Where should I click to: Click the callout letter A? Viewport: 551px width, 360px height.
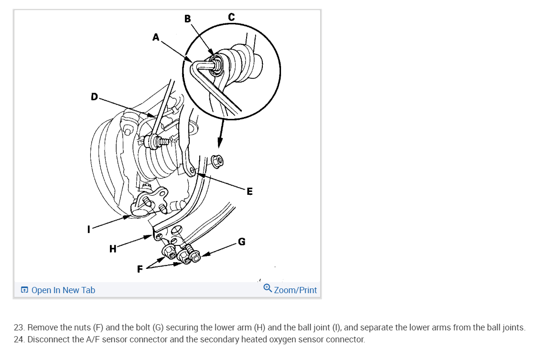155,37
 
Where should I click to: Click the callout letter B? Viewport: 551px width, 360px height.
187,19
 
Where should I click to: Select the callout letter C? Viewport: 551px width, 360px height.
231,17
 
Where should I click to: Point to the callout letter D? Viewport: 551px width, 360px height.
94,97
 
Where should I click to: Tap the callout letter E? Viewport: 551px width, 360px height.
249,192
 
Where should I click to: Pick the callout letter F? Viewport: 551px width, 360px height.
140,269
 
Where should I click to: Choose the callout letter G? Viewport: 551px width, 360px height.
242,242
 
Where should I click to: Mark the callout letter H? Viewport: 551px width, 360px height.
112,248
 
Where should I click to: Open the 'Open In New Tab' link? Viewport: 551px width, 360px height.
63,290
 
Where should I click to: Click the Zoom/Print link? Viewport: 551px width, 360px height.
295,290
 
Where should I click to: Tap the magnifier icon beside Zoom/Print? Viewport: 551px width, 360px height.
268,288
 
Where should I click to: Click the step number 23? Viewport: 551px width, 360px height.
19,328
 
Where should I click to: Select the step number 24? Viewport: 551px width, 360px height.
19,340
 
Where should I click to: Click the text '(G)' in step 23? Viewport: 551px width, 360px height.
158,328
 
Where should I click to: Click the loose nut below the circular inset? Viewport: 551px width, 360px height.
216,162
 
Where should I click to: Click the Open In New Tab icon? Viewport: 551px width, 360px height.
24,290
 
